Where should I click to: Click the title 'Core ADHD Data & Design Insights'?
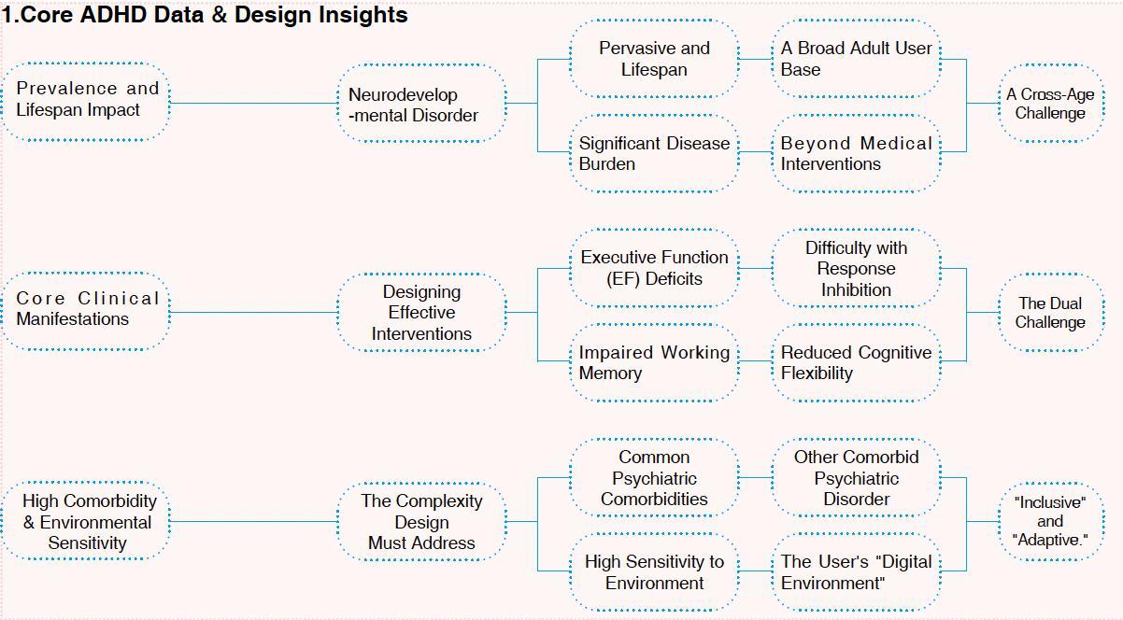pos(205,15)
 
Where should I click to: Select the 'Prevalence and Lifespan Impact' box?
pos(86,100)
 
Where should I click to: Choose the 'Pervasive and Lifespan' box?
pos(654,59)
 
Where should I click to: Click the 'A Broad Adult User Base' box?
pos(856,59)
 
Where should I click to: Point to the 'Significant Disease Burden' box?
pos(654,153)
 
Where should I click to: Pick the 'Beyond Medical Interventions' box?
pos(856,153)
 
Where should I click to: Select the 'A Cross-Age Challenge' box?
pos(1050,104)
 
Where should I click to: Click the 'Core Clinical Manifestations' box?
pos(86,309)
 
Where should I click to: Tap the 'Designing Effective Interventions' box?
pos(421,313)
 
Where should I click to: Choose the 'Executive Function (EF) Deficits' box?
pos(654,268)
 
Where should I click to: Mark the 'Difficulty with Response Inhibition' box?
pos(856,269)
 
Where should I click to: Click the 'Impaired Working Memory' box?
pos(654,362)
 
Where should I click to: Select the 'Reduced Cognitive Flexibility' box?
pos(856,362)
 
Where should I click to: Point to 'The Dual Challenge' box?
pos(1050,313)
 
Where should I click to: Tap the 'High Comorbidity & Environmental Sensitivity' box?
pos(86,522)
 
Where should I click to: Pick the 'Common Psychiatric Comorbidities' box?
pos(654,478)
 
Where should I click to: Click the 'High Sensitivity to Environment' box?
pos(654,572)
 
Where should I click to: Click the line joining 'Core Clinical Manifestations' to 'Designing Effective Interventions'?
pos(253,313)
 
